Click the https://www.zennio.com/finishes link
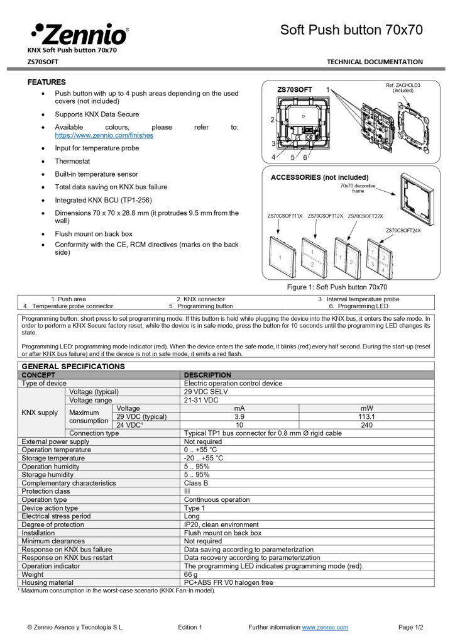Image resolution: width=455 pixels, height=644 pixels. click(x=104, y=135)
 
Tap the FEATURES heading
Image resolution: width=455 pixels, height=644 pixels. click(x=47, y=82)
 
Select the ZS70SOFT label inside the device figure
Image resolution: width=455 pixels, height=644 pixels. click(x=295, y=90)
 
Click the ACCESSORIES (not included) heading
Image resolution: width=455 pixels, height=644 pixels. click(x=319, y=177)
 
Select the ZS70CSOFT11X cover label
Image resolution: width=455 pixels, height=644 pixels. click(x=285, y=216)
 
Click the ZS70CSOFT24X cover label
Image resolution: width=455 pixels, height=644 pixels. click(x=403, y=231)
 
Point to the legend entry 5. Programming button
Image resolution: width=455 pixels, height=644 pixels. click(x=200, y=306)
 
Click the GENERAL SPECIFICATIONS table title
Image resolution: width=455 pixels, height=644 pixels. click(x=74, y=366)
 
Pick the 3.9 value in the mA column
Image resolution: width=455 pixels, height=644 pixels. click(x=239, y=416)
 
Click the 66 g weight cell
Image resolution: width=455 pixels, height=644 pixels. click(x=191, y=574)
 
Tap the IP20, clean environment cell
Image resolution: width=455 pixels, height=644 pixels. click(x=221, y=525)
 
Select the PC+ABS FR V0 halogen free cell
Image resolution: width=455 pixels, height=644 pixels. click(x=228, y=582)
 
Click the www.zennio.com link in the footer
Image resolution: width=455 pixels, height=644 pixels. click(x=325, y=627)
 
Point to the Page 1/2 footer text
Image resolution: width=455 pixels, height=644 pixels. click(x=411, y=627)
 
